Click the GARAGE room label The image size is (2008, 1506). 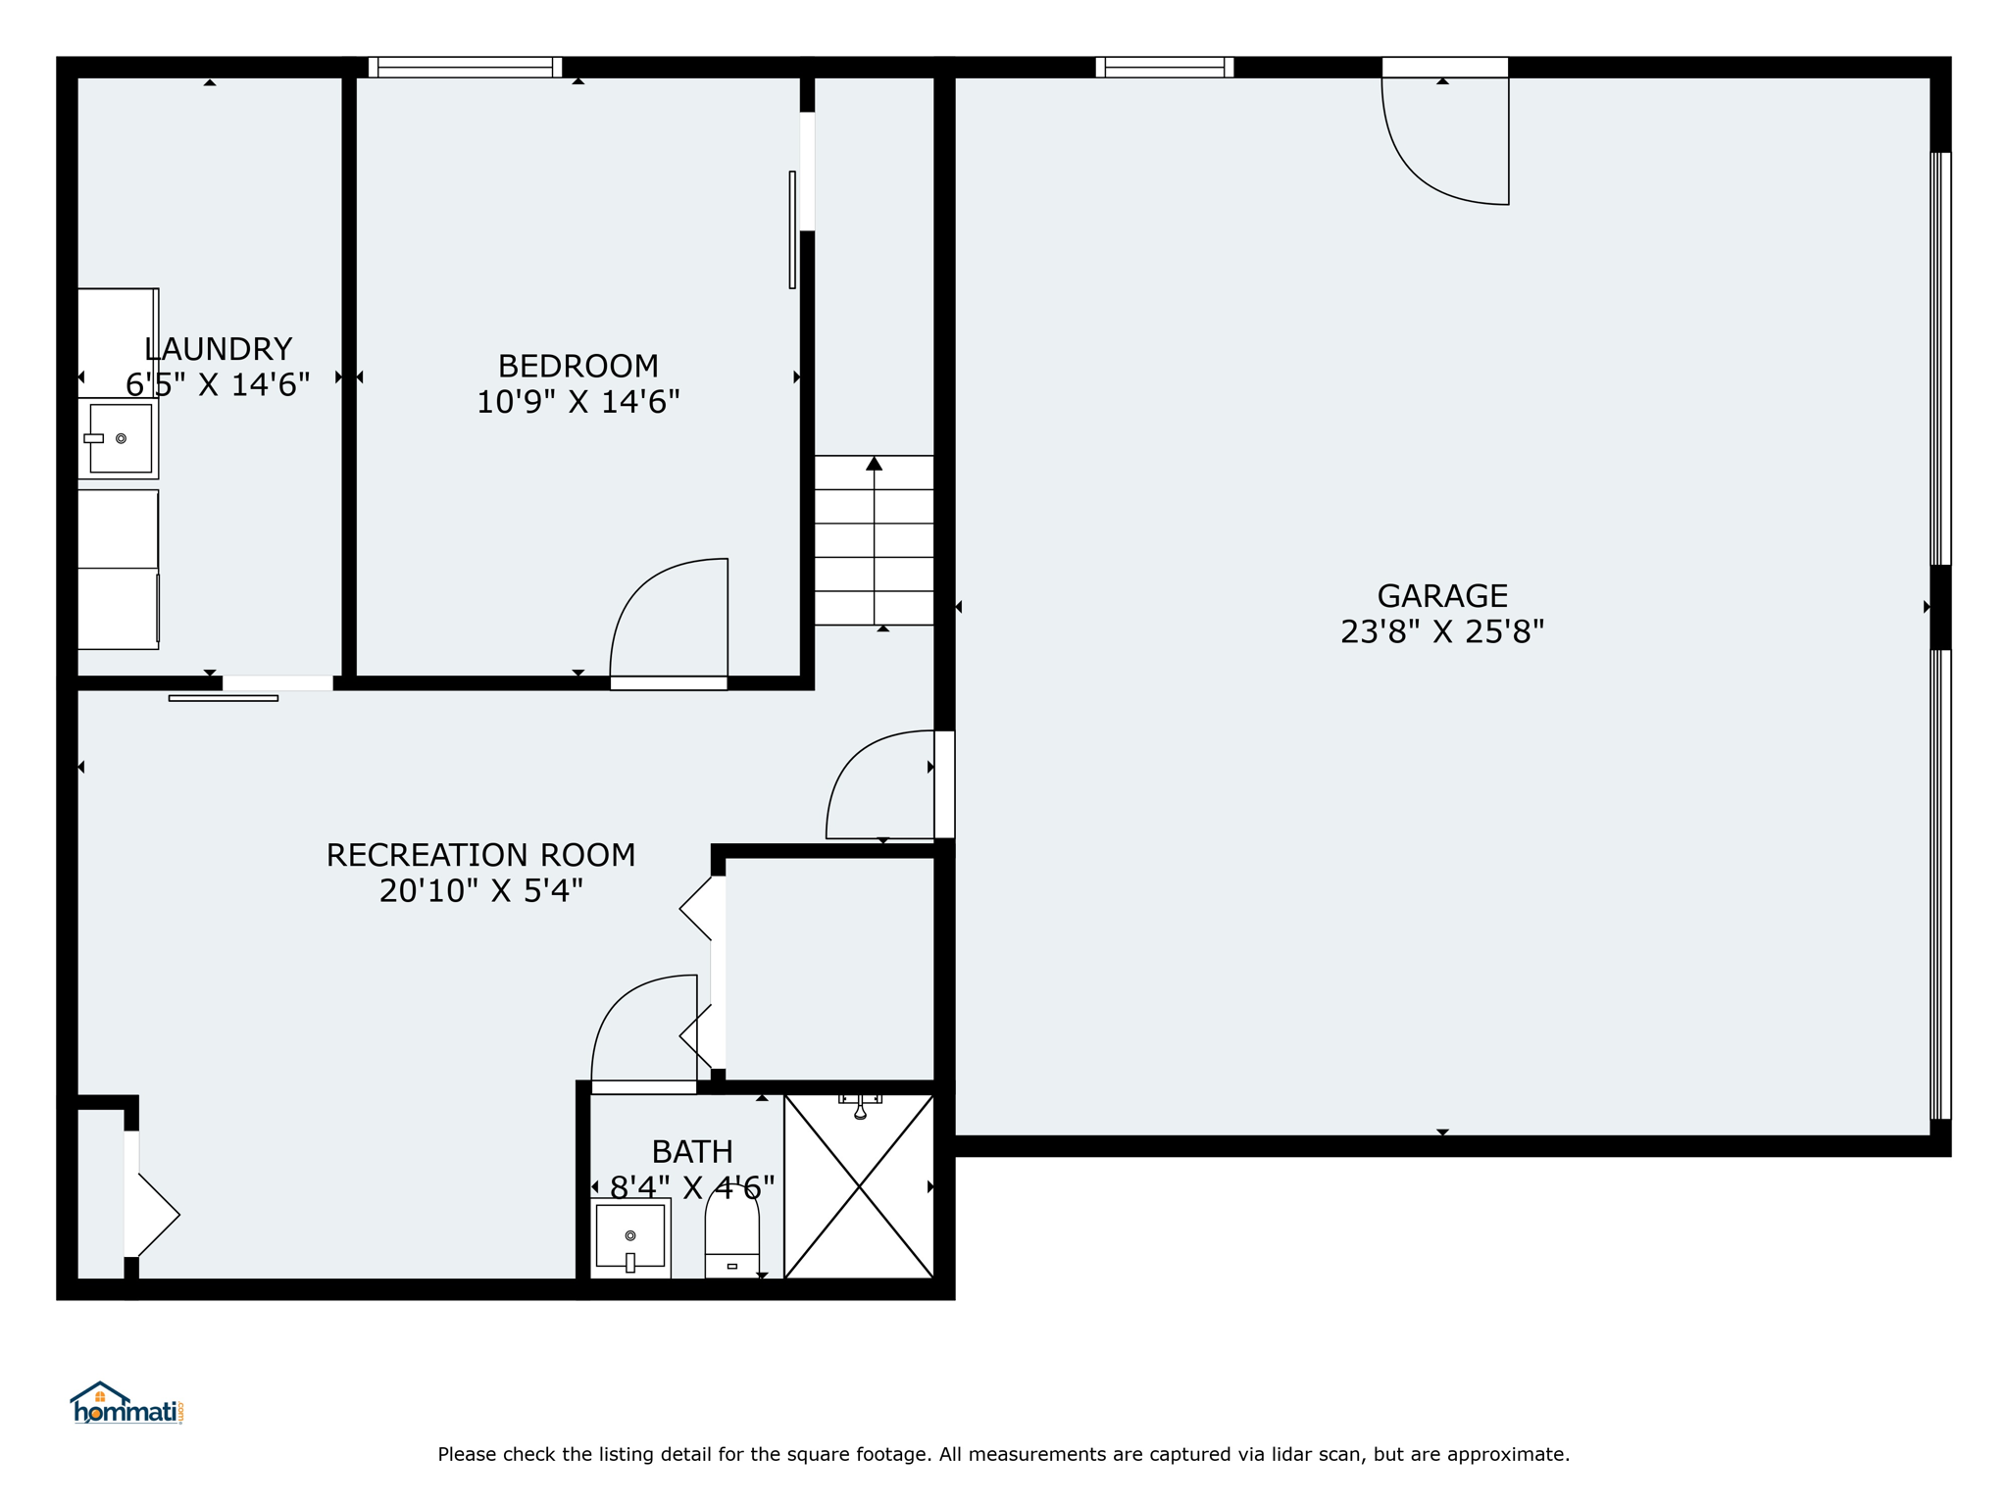click(x=1442, y=595)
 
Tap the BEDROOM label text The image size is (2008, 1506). click(x=578, y=366)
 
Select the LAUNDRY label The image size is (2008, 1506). click(x=218, y=349)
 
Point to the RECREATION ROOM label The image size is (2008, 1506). click(x=480, y=855)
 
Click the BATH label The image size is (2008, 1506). click(x=692, y=1151)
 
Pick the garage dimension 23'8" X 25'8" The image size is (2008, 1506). click(x=1442, y=631)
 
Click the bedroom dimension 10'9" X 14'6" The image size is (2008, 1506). click(x=578, y=402)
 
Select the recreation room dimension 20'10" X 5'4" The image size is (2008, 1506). click(x=480, y=890)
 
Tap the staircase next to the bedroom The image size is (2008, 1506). click(x=874, y=540)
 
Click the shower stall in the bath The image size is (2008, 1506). click(x=859, y=1186)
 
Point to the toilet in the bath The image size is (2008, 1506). click(x=732, y=1232)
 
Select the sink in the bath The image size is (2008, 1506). click(x=630, y=1237)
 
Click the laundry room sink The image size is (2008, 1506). click(x=119, y=438)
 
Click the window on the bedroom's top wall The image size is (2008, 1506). click(x=465, y=67)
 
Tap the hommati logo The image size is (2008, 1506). click(x=126, y=1403)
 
